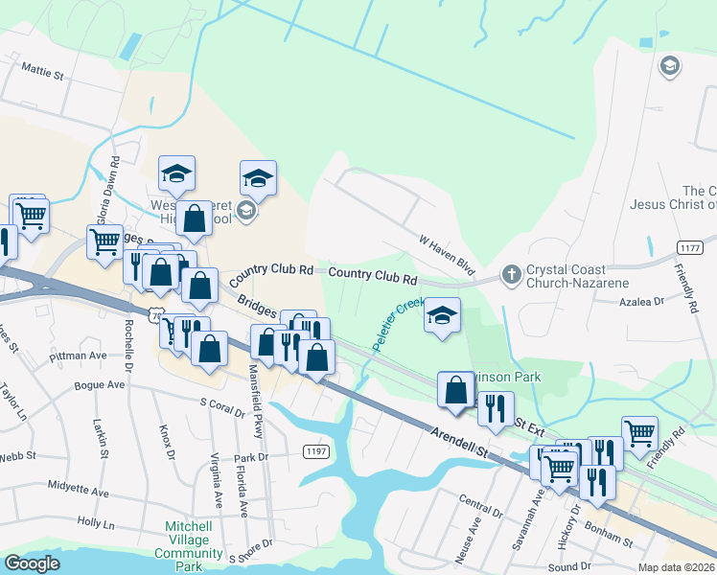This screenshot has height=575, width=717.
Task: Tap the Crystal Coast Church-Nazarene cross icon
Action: tap(511, 275)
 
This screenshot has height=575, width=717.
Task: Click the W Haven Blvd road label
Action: tap(447, 253)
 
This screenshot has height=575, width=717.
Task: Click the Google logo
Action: tap(33, 563)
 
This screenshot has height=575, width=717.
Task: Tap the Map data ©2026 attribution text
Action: tap(675, 567)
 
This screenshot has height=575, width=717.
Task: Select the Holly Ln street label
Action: tap(95, 524)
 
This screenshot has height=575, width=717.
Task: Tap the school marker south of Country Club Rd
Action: tap(442, 316)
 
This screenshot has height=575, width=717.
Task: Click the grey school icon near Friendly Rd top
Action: tap(669, 66)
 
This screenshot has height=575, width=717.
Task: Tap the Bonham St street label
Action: tap(613, 543)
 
